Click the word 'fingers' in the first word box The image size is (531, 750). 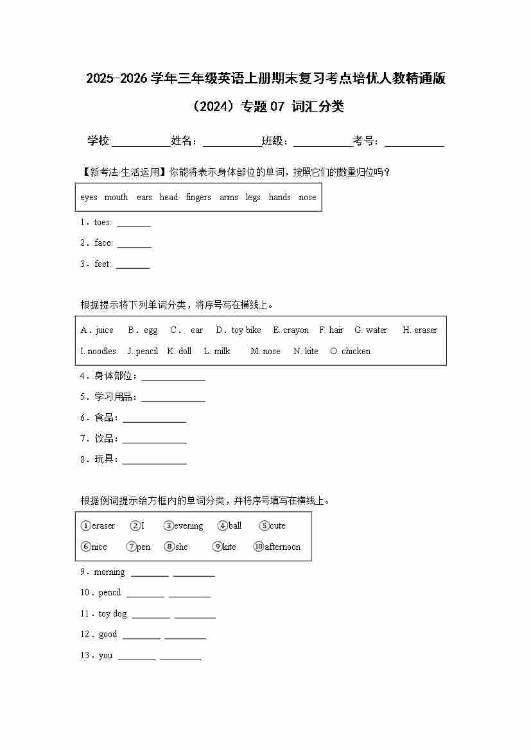point(198,198)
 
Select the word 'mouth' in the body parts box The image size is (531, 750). point(116,198)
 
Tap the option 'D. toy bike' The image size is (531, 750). point(238,330)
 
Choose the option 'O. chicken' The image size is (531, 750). point(350,352)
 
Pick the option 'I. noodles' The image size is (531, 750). point(98,352)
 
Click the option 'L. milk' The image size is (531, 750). point(216,352)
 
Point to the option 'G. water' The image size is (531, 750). point(370,330)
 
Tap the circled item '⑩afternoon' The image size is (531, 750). point(277,547)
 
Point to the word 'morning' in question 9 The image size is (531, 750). point(109,572)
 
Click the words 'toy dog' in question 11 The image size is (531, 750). point(112,614)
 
